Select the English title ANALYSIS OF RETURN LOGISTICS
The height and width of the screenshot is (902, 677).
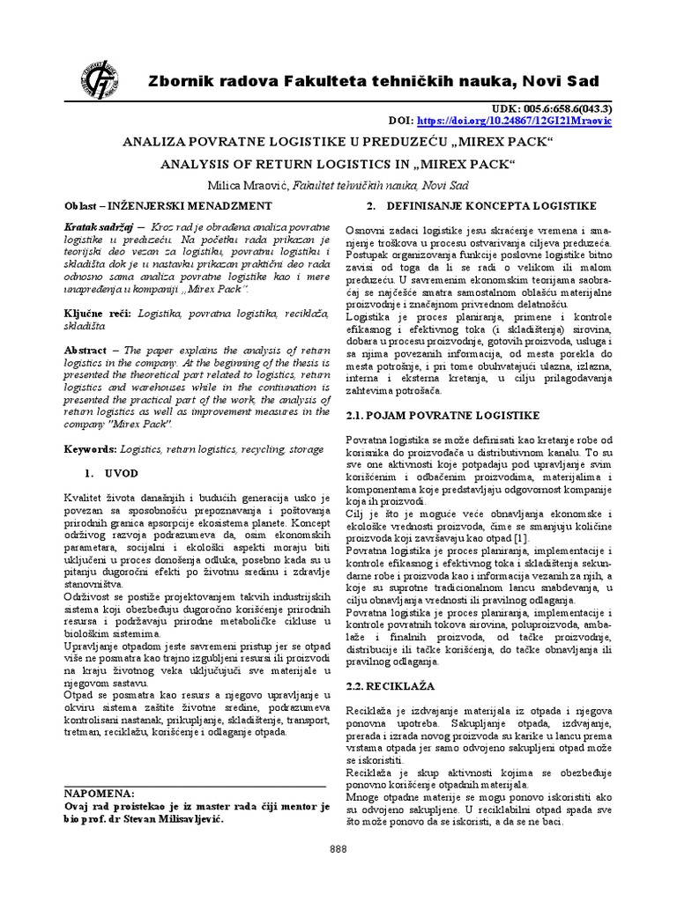pyautogui.click(x=338, y=164)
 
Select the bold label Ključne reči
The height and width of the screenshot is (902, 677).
pyautogui.click(x=96, y=313)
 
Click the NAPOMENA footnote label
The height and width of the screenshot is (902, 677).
pyautogui.click(x=100, y=793)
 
